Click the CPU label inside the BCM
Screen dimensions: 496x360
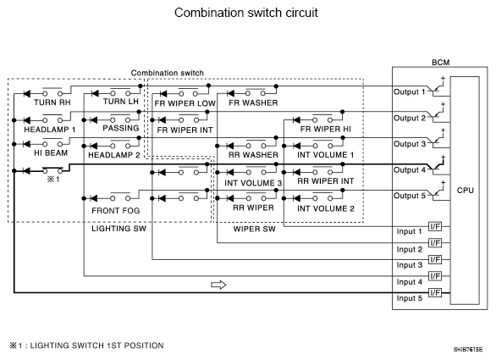[466, 191]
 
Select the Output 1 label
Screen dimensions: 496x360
[410, 91]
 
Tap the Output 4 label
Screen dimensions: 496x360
[410, 170]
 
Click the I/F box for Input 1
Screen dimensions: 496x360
[435, 226]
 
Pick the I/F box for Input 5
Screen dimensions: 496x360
[435, 292]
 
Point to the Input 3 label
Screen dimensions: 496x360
[410, 265]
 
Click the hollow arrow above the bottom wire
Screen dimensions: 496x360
[218, 285]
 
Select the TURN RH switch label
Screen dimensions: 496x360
[52, 102]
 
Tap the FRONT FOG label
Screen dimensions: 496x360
[115, 211]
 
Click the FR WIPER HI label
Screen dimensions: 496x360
[326, 129]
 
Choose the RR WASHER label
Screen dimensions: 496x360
[253, 155]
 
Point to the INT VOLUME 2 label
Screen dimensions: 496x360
[326, 208]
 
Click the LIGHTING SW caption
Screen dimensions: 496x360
[119, 229]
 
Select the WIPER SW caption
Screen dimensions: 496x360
[254, 229]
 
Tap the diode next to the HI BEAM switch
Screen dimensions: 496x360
[26, 144]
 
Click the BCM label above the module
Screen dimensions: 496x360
[441, 63]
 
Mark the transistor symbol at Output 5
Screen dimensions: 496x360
[438, 192]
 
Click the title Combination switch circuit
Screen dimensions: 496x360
[246, 13]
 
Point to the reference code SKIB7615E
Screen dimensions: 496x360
[468, 350]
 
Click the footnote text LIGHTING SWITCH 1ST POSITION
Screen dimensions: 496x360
[96, 346]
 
